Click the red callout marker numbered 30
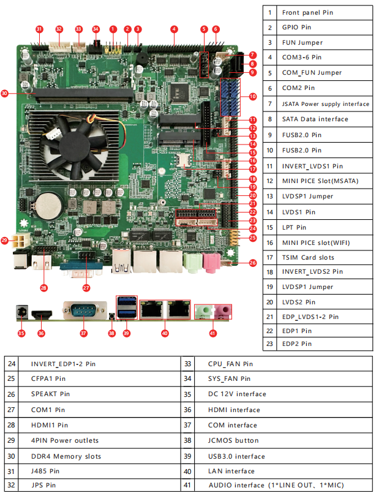click(x=5, y=94)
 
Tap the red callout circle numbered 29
click(x=6, y=240)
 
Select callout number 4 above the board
click(x=174, y=29)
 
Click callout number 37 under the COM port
click(x=84, y=333)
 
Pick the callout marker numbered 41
click(x=212, y=334)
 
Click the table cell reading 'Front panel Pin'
click(x=307, y=13)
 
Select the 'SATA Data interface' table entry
click(x=315, y=119)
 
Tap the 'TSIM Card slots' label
click(x=308, y=257)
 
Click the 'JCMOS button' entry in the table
click(x=233, y=440)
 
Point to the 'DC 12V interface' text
click(x=237, y=394)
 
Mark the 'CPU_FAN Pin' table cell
click(x=230, y=364)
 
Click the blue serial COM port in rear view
click(x=84, y=310)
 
